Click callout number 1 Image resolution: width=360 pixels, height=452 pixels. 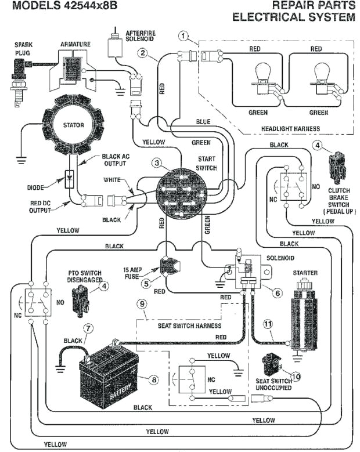(x=184, y=37)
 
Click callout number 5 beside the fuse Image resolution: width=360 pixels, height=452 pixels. (x=147, y=284)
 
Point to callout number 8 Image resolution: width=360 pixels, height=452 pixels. (x=153, y=379)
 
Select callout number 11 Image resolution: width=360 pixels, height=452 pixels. (x=268, y=325)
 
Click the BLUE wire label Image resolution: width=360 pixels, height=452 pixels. (x=204, y=122)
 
